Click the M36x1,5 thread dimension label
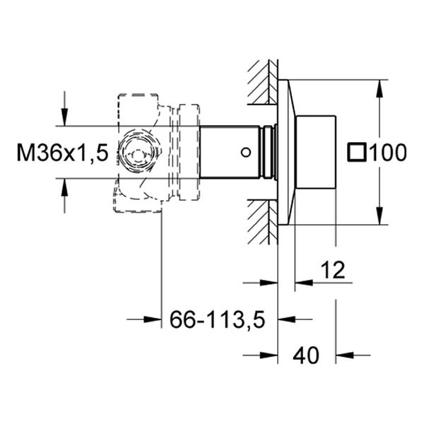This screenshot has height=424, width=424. tap(62, 153)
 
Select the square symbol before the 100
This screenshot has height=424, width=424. tap(357, 153)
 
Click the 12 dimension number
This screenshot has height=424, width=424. tap(333, 270)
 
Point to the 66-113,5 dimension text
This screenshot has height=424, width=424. tap(218, 319)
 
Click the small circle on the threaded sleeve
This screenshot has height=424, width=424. tap(246, 153)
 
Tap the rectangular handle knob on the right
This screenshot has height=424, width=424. tap(316, 152)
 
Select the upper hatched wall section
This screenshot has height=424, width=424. tap(262, 82)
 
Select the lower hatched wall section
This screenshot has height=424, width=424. tap(262, 222)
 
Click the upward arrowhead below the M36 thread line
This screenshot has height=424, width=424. tap(64, 187)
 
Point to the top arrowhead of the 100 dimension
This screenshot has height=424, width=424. tap(379, 89)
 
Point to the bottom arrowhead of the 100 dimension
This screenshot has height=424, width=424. tap(379, 216)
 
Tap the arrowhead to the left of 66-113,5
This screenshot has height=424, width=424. tap(153, 319)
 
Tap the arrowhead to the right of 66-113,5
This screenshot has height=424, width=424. tap(287, 319)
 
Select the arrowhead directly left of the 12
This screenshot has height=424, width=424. tap(304, 283)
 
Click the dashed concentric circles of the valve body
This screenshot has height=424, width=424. tap(138, 153)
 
